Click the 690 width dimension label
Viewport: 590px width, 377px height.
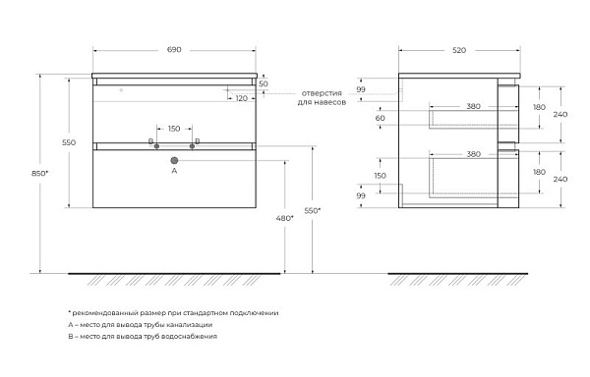(x=174, y=49)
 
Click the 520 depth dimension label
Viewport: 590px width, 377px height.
(x=459, y=50)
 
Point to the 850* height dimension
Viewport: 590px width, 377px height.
(x=40, y=173)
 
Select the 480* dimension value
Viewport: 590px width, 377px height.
(x=285, y=218)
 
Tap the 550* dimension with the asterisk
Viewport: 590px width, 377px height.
(x=313, y=211)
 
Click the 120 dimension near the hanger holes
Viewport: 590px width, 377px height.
(x=242, y=98)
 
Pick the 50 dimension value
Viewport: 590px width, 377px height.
(x=264, y=83)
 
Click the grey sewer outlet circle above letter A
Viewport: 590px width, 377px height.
(x=174, y=160)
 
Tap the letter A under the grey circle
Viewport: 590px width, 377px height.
(x=174, y=171)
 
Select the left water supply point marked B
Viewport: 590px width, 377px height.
(x=156, y=146)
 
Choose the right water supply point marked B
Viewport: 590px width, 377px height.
(x=192, y=146)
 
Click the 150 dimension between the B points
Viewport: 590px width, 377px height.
(x=174, y=129)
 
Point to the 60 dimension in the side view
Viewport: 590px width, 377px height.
(x=380, y=118)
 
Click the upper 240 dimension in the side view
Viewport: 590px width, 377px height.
(x=560, y=114)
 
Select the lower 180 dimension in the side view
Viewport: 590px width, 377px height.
(x=539, y=172)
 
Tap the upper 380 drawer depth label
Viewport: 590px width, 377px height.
(x=473, y=106)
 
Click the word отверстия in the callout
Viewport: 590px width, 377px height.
(x=322, y=93)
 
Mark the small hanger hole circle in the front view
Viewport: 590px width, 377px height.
(x=121, y=90)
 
